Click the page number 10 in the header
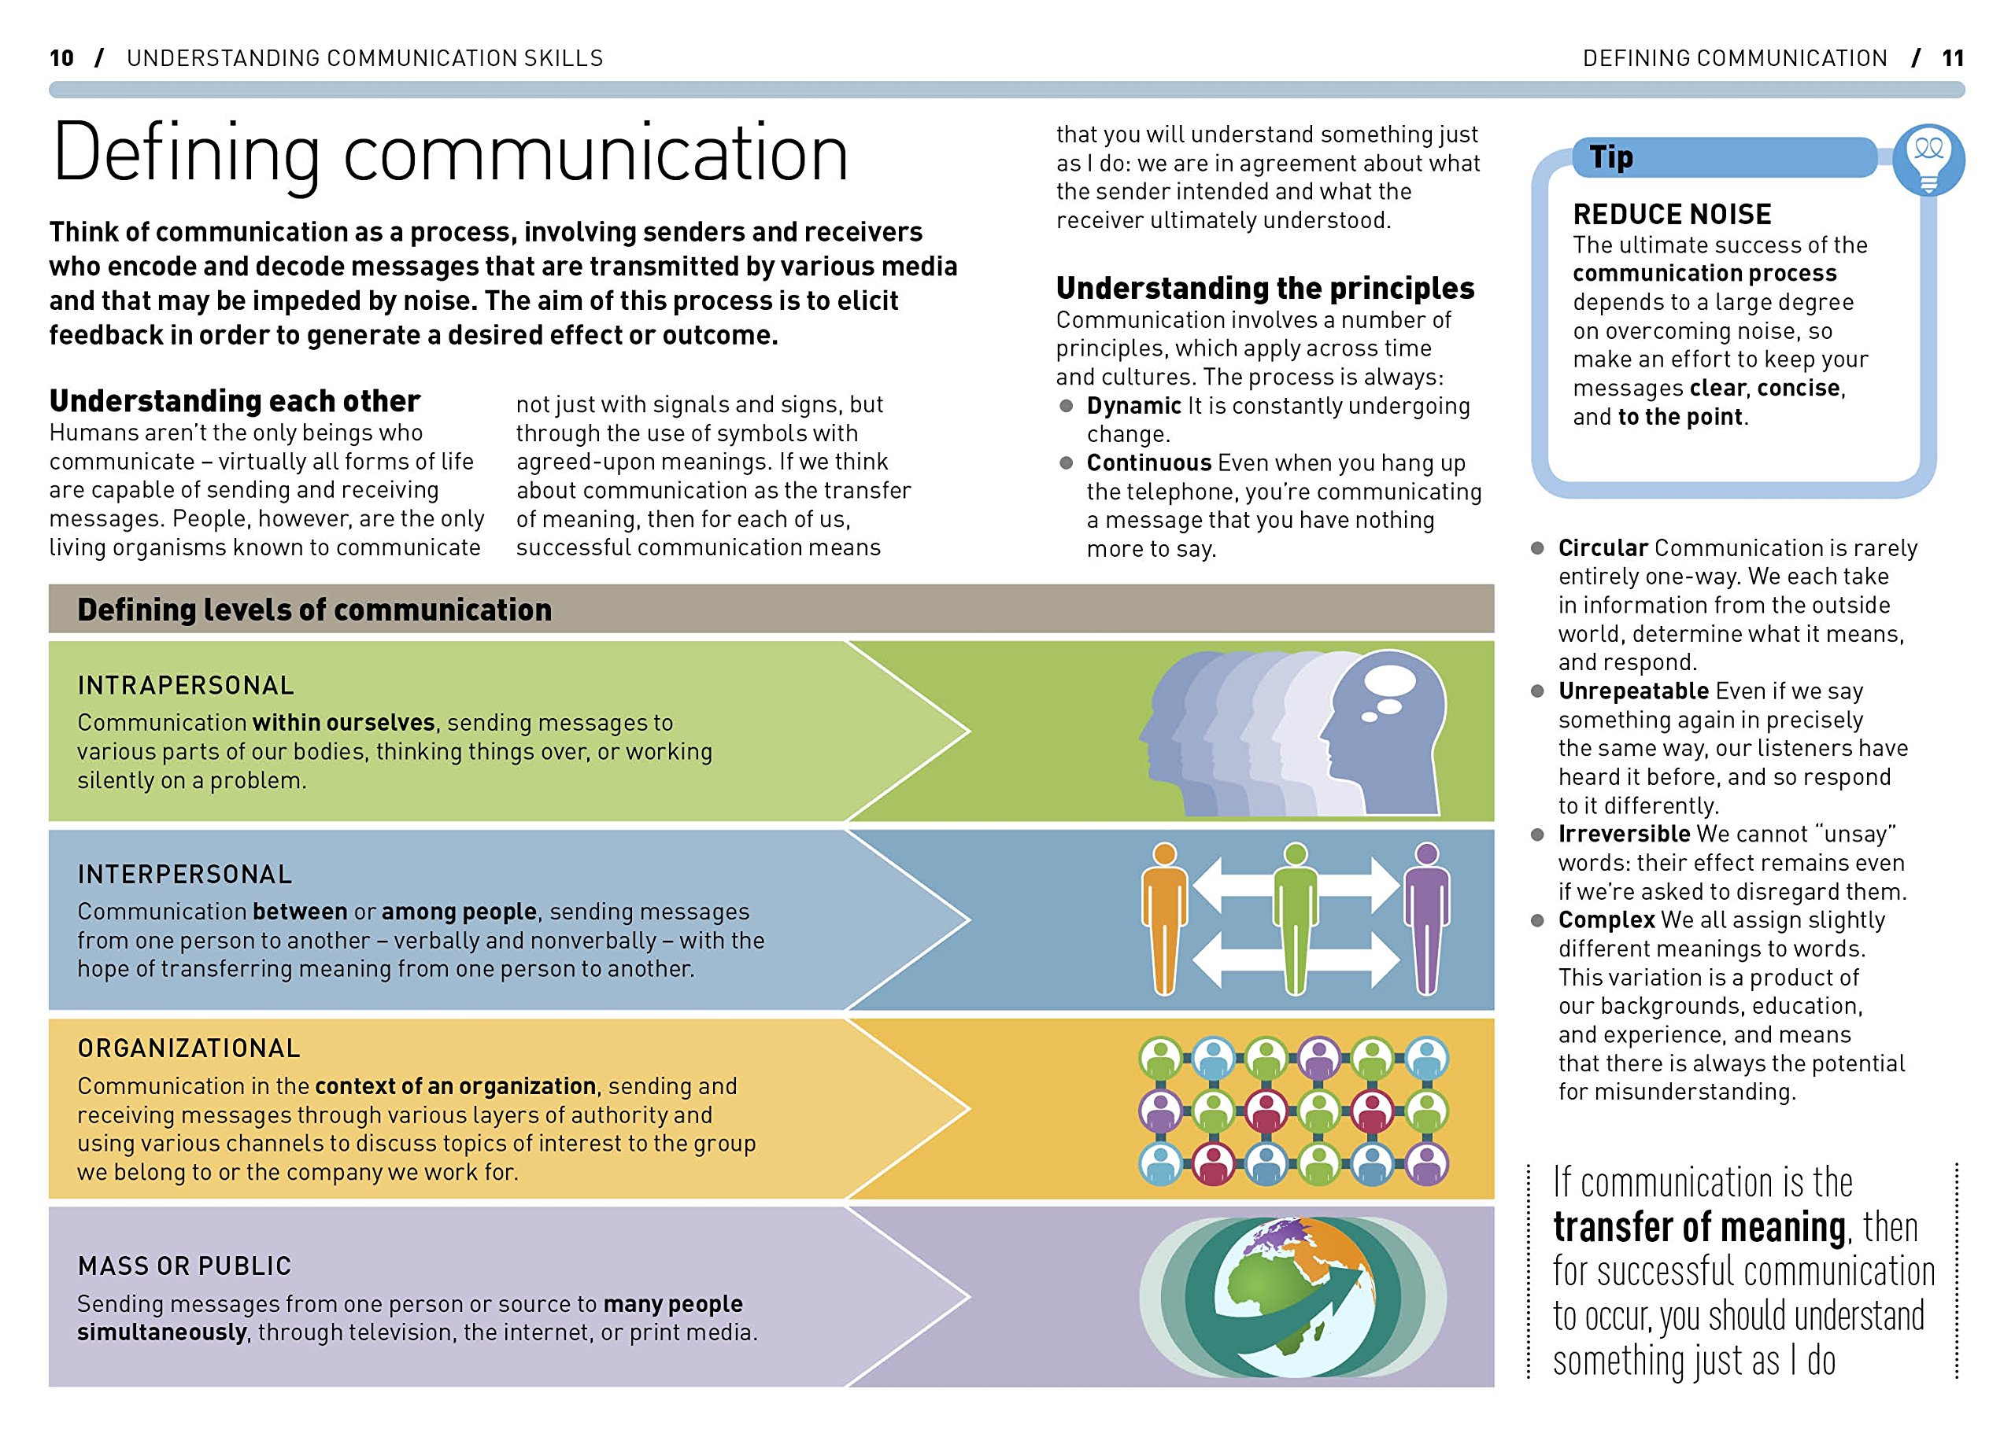pyautogui.click(x=61, y=58)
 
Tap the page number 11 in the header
pyautogui.click(x=1952, y=58)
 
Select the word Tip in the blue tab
pyautogui.click(x=1610, y=157)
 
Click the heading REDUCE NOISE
pyautogui.click(x=1672, y=214)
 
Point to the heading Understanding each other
pyautogui.click(x=235, y=401)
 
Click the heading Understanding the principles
pyautogui.click(x=1265, y=289)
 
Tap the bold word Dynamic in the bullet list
pyautogui.click(x=1133, y=406)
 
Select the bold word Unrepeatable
pyautogui.click(x=1632, y=691)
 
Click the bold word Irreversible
pyautogui.click(x=1624, y=835)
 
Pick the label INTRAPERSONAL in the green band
pyautogui.click(x=186, y=686)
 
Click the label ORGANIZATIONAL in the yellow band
pyautogui.click(x=189, y=1048)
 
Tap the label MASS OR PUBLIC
pyautogui.click(x=184, y=1266)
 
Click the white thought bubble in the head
pyautogui.click(x=1390, y=682)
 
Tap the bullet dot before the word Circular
pyautogui.click(x=1538, y=549)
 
